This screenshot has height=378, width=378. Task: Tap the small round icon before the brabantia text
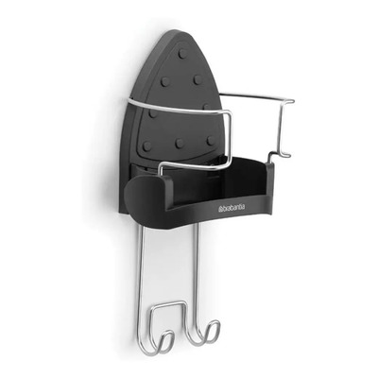pyautogui.click(x=220, y=209)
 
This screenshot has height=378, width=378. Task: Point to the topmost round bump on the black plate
pyautogui.click(x=182, y=55)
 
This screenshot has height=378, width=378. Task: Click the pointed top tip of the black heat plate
pyautogui.click(x=177, y=31)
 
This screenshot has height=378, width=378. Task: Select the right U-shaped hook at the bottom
pyautogui.click(x=205, y=333)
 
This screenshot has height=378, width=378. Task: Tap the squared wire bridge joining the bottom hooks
pyautogui.click(x=167, y=304)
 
